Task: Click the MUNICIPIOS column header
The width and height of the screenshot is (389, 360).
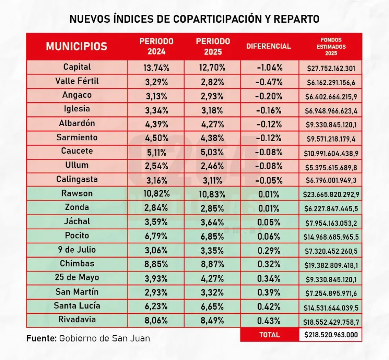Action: [76, 46]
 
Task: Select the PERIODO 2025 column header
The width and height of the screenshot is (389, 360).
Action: [213, 46]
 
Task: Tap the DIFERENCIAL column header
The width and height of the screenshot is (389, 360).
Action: [269, 46]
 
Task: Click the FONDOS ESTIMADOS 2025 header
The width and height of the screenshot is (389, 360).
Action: [331, 46]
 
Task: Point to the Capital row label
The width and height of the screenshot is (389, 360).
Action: [77, 67]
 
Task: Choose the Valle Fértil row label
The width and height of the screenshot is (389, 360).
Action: [77, 81]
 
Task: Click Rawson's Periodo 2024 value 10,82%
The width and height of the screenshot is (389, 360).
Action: [156, 194]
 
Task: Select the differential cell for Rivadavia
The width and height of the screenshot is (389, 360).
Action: [269, 321]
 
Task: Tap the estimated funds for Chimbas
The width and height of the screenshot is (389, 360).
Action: [331, 265]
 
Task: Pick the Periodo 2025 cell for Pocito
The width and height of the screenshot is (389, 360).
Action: [213, 236]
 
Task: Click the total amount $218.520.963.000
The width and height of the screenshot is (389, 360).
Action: [331, 335]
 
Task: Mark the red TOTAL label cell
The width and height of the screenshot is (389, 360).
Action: [269, 335]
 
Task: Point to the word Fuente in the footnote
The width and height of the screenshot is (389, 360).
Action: [41, 338]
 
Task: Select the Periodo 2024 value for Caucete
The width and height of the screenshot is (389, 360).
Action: [156, 152]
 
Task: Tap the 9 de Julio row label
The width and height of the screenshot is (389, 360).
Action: [77, 249]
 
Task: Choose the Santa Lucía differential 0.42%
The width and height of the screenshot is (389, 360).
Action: [269, 307]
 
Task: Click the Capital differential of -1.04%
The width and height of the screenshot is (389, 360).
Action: [269, 67]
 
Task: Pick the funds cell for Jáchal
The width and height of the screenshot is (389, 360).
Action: [331, 223]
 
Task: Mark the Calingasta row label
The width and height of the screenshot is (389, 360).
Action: [77, 179]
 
